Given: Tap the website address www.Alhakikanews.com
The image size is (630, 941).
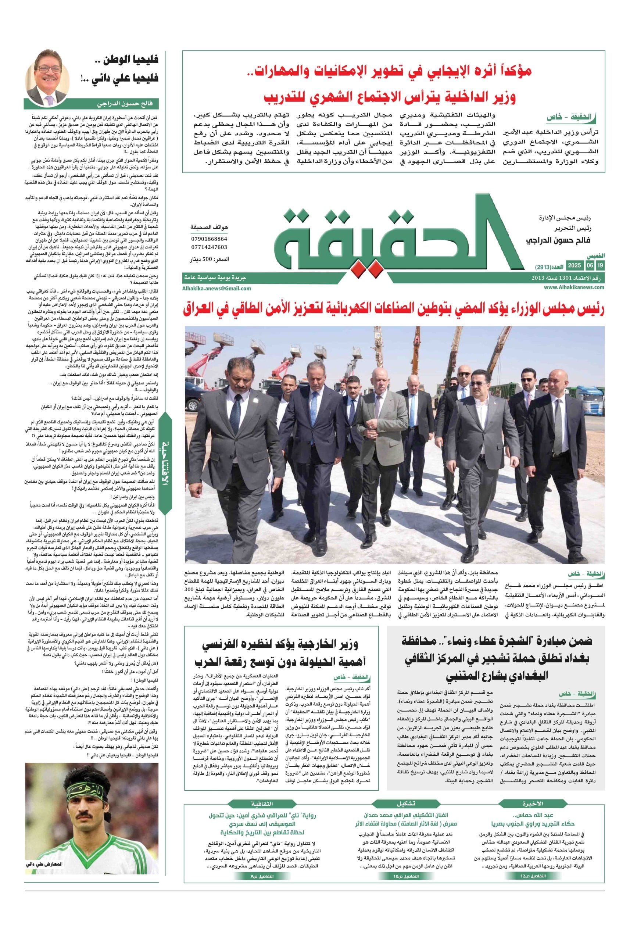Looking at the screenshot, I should tap(574, 287).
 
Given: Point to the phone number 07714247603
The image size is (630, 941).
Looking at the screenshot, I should tap(208, 247).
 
